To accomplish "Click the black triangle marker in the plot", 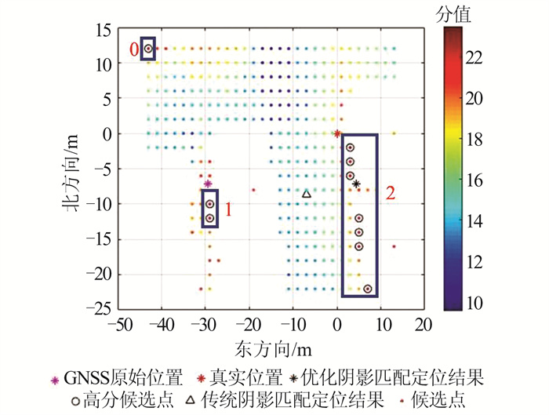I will click(307, 194).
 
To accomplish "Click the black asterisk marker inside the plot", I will click(356, 184).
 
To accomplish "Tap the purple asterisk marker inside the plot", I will click(208, 184).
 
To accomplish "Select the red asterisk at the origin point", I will click(337, 133).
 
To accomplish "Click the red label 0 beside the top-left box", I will click(133, 49).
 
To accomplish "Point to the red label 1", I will click(229, 210).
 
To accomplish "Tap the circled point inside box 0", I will click(147, 49).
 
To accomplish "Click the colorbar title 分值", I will click(456, 13).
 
